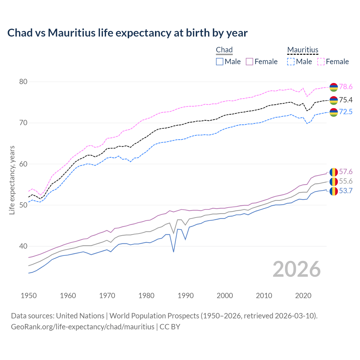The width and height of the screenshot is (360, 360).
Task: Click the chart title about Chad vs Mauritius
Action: tap(127, 33)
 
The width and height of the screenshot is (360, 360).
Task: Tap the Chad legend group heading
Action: tap(224, 50)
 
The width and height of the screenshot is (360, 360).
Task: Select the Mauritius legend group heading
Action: tap(303, 50)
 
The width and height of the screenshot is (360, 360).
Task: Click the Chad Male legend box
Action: tap(220, 62)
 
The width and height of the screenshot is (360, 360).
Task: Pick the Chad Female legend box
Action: tap(249, 62)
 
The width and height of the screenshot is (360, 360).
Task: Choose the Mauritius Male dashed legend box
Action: tap(291, 62)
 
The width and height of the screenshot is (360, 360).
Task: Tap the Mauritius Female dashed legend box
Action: tap(321, 62)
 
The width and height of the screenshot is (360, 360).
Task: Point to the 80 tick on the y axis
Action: tap(23, 82)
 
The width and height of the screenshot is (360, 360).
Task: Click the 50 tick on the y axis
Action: tap(23, 205)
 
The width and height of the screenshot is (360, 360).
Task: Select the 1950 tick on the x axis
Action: tap(29, 296)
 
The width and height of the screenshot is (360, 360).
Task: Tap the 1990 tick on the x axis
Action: tap(186, 296)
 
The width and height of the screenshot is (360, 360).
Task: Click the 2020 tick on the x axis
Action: tap(303, 296)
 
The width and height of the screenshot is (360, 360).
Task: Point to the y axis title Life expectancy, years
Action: tap(12, 180)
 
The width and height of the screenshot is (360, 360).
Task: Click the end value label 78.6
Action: tap(346, 87)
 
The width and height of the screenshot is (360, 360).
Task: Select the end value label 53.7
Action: tap(346, 191)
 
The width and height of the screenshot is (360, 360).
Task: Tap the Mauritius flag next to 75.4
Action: tap(334, 100)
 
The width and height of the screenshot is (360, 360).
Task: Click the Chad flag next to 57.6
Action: tap(334, 172)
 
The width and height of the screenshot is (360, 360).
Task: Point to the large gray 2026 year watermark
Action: tap(296, 269)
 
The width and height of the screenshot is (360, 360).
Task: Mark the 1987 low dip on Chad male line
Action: tap(174, 252)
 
